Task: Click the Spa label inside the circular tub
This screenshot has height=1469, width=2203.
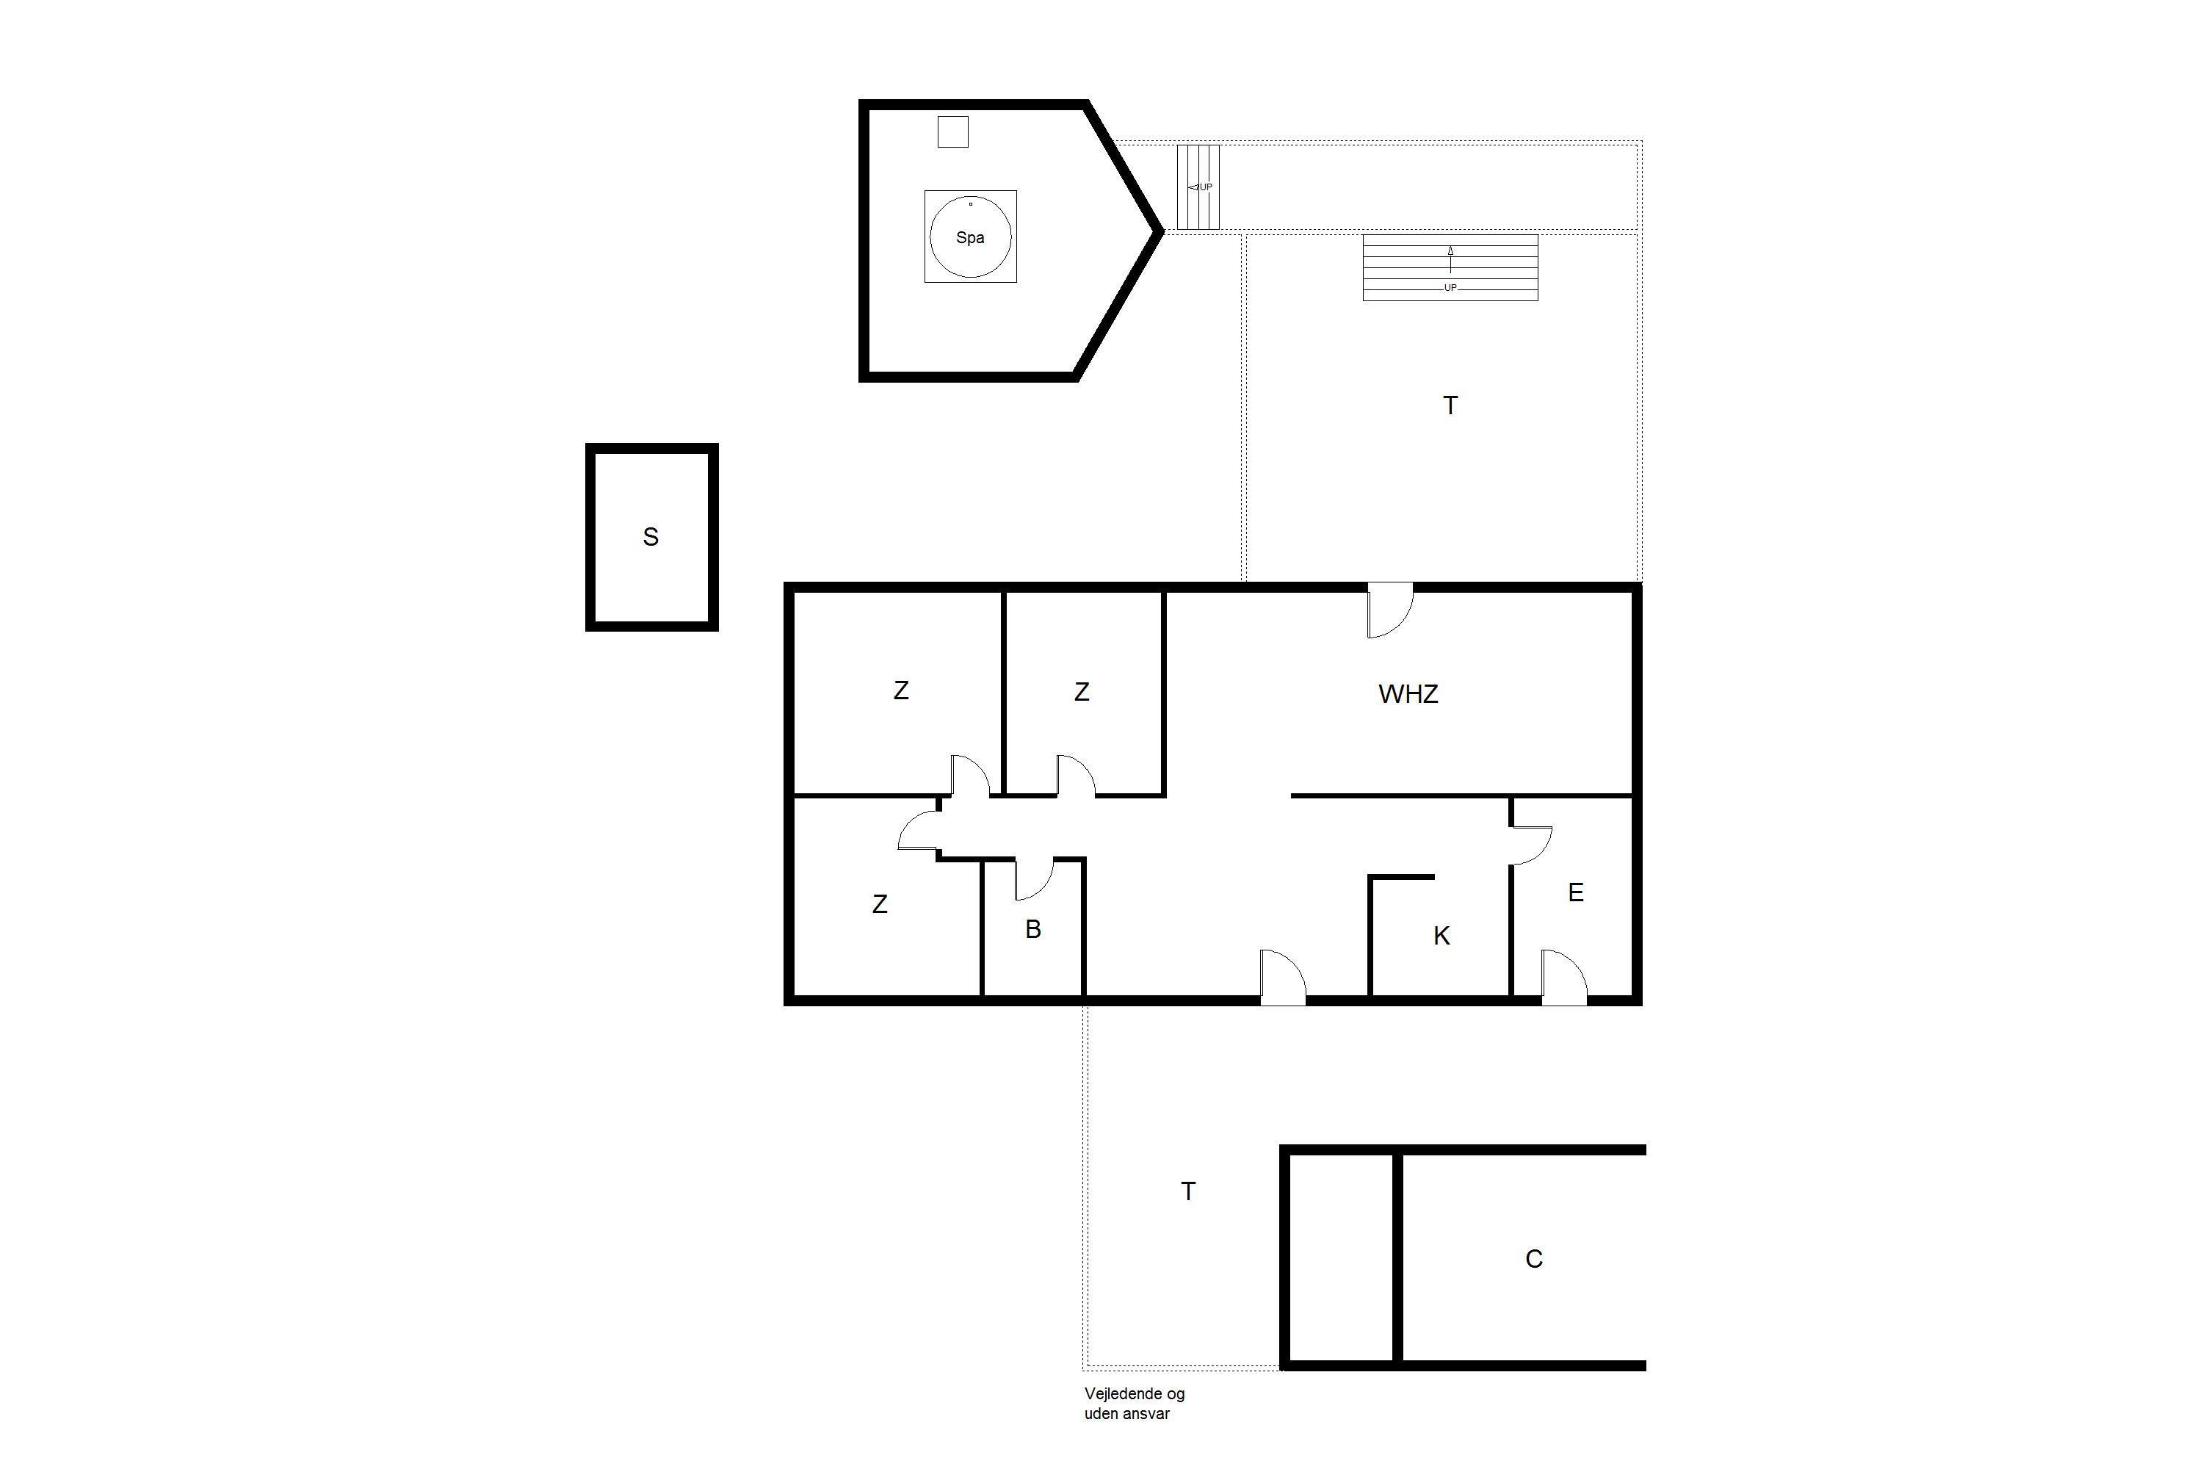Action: coord(969,238)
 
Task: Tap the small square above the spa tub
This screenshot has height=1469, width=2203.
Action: coord(952,132)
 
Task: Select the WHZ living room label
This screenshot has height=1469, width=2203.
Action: coord(1408,694)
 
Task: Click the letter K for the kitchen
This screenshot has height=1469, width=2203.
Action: coord(1441,936)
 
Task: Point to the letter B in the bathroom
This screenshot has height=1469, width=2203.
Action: coord(1033,929)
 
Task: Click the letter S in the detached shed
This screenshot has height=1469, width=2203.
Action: coord(651,537)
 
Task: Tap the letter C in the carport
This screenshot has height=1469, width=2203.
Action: coord(1533,1259)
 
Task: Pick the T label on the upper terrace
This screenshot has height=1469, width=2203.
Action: coord(1450,405)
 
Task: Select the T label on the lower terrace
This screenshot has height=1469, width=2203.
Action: coord(1187,1191)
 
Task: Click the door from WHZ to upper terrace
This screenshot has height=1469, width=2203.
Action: coord(1390,610)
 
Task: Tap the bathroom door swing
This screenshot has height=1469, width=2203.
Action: coord(1035,878)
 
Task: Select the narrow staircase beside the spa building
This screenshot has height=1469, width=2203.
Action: coord(1198,187)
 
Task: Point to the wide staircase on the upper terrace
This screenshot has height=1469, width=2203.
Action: coord(1450,268)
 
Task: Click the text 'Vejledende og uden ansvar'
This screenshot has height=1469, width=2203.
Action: coord(1135,1404)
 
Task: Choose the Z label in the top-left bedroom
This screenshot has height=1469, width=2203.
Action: coord(901,691)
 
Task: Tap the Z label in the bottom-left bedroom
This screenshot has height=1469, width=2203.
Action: coord(880,905)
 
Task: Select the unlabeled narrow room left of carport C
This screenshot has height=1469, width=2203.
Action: coord(1342,1258)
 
